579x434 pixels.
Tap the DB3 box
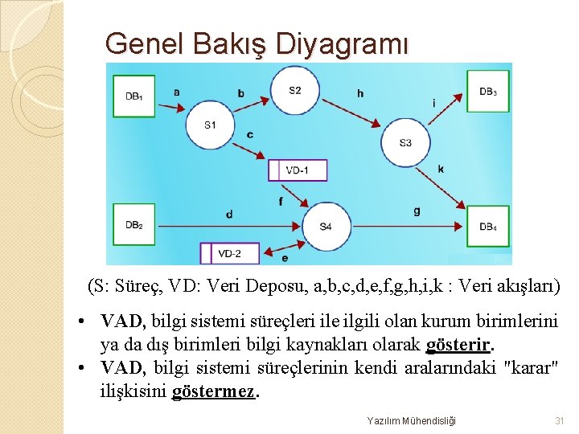[488, 92]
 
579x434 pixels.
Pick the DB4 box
[488, 227]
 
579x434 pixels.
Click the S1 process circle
[210, 125]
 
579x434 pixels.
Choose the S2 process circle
[295, 90]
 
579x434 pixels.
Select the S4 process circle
[326, 227]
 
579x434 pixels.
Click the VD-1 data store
[298, 170]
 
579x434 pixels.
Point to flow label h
[360, 93]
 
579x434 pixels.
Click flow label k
[441, 169]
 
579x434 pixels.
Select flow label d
[229, 215]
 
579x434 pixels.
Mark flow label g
[417, 211]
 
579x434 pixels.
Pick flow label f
[280, 200]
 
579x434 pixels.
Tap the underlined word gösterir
[458, 345]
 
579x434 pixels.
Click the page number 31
[560, 420]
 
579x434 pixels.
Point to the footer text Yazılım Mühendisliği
[411, 420]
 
